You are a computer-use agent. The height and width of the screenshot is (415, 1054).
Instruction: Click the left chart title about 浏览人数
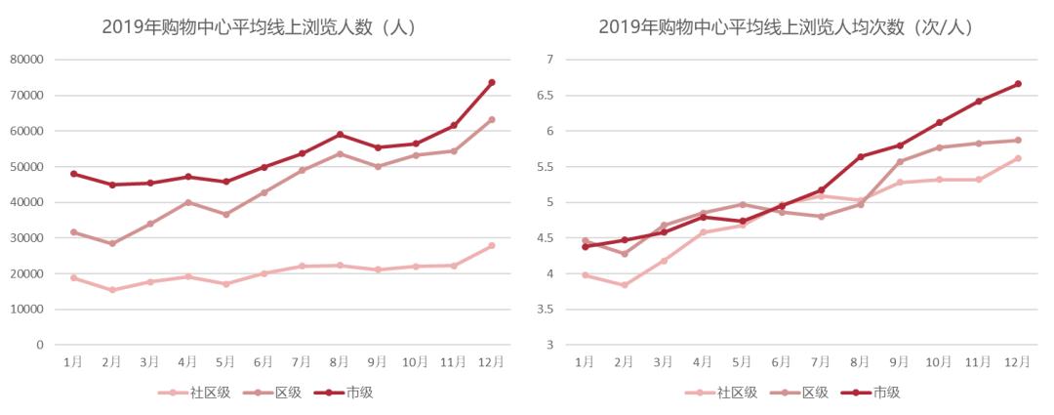click(x=260, y=27)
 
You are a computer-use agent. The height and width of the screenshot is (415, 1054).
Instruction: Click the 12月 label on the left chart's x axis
click(x=491, y=361)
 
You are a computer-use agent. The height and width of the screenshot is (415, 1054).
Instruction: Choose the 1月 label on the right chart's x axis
click(x=585, y=361)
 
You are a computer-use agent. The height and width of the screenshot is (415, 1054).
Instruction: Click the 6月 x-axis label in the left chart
click(x=263, y=361)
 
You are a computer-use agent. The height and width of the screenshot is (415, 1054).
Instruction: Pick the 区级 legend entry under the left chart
click(x=272, y=393)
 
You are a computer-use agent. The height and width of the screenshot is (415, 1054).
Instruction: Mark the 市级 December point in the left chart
click(x=492, y=82)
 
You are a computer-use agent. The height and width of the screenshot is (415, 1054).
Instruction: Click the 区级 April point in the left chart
click(x=187, y=202)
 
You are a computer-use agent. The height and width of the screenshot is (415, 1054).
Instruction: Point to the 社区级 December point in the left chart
click(x=492, y=246)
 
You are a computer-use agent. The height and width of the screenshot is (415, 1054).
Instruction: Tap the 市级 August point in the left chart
click(x=340, y=134)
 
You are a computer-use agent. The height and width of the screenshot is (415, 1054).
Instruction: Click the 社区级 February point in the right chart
click(x=624, y=285)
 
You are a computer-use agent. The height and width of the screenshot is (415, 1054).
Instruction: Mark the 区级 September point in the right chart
click(x=900, y=162)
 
